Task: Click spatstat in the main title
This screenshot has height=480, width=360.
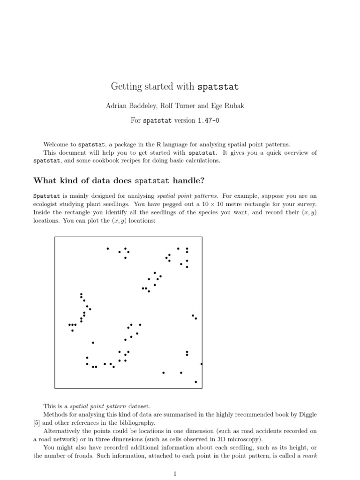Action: point(218,87)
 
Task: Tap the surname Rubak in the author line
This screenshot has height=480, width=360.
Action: point(233,106)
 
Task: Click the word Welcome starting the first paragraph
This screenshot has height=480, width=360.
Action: point(58,144)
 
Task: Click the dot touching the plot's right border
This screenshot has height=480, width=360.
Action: point(202,364)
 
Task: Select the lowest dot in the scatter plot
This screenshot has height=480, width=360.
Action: point(196,382)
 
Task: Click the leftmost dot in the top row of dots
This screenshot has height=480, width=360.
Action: point(108,248)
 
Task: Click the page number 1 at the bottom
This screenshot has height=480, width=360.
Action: point(175,474)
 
